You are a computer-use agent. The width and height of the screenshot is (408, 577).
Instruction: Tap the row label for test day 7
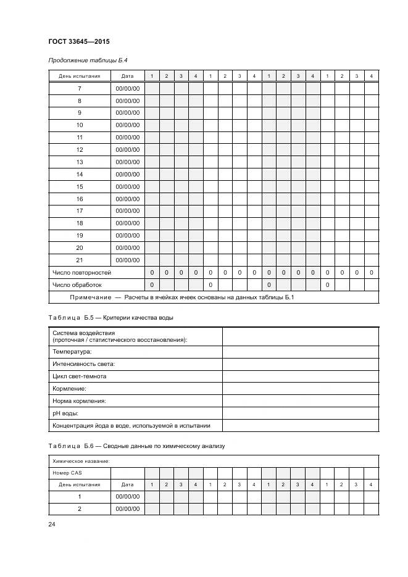click(79, 88)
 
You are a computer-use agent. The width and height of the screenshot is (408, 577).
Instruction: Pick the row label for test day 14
click(79, 174)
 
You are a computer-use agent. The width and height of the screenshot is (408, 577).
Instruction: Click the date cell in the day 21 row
click(127, 260)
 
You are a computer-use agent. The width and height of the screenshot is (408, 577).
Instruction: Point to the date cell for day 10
click(127, 125)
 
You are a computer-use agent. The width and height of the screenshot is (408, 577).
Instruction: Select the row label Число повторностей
click(81, 272)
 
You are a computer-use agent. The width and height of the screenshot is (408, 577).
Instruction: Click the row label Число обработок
click(77, 284)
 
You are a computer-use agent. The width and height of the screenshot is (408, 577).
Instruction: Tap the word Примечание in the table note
click(91, 297)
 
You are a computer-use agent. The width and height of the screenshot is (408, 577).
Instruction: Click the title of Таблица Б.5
click(111, 317)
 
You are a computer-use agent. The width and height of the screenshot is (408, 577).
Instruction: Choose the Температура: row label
click(72, 351)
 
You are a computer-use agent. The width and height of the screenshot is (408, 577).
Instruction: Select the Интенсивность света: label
click(83, 363)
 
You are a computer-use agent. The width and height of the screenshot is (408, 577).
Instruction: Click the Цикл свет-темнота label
click(80, 376)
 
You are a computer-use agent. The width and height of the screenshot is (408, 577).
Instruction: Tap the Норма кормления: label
click(79, 401)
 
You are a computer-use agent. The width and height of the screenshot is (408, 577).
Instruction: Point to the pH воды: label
click(65, 413)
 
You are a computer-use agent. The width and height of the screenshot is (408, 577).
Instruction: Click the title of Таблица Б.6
click(137, 445)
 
